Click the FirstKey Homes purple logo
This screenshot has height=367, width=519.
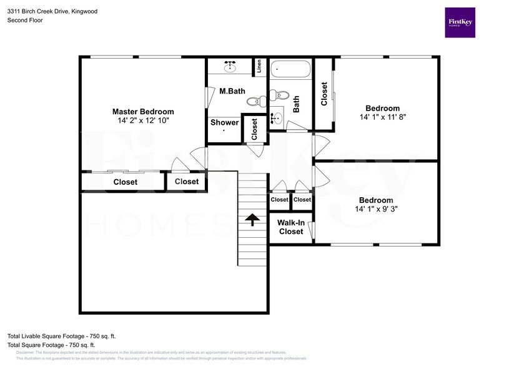(460, 22)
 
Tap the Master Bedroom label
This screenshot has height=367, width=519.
(143, 112)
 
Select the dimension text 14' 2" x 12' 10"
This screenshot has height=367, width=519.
(143, 120)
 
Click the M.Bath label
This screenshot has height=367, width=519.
(232, 91)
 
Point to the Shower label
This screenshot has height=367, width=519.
(224, 122)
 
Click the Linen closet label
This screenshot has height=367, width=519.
(259, 66)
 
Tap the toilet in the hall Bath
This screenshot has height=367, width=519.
(280, 96)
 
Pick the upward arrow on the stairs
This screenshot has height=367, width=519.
(253, 220)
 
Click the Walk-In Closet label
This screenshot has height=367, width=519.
(291, 227)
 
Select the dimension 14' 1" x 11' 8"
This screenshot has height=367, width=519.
(382, 117)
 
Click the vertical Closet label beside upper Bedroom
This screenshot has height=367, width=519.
(324, 94)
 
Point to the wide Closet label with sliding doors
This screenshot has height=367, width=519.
(126, 182)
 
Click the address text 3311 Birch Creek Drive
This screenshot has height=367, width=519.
(44, 11)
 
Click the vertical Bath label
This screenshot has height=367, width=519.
(296, 103)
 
